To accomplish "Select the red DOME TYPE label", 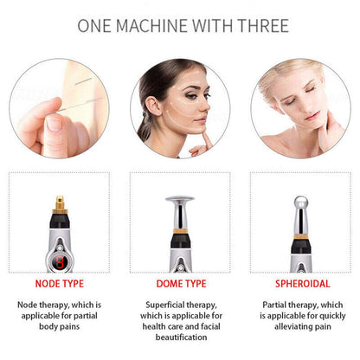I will pyautogui.click(x=180, y=281).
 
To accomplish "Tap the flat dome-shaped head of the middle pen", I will pyautogui.click(x=180, y=203).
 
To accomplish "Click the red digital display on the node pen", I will pyautogui.click(x=59, y=259).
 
